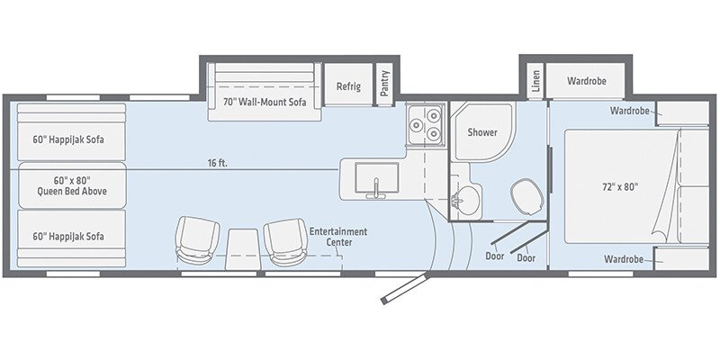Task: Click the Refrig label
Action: pyautogui.click(x=348, y=86)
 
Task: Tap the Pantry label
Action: pyautogui.click(x=385, y=83)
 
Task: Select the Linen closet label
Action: pyautogui.click(x=535, y=80)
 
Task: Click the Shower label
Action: pyautogui.click(x=482, y=132)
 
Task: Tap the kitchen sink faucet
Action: pyautogui.click(x=375, y=189)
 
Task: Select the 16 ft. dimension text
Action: pyautogui.click(x=217, y=163)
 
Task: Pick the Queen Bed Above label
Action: pyautogui.click(x=72, y=185)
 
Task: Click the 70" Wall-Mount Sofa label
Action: pyautogui.click(x=265, y=103)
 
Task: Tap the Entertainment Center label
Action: pyautogui.click(x=338, y=237)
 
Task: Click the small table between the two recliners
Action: pyautogui.click(x=241, y=249)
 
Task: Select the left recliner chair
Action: pyautogui.click(x=197, y=240)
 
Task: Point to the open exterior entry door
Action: pyautogui.click(x=404, y=288)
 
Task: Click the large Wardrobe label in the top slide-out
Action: pyautogui.click(x=587, y=81)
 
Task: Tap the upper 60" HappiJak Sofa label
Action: pyautogui.click(x=68, y=139)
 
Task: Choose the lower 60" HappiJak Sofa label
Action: pyautogui.click(x=68, y=237)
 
